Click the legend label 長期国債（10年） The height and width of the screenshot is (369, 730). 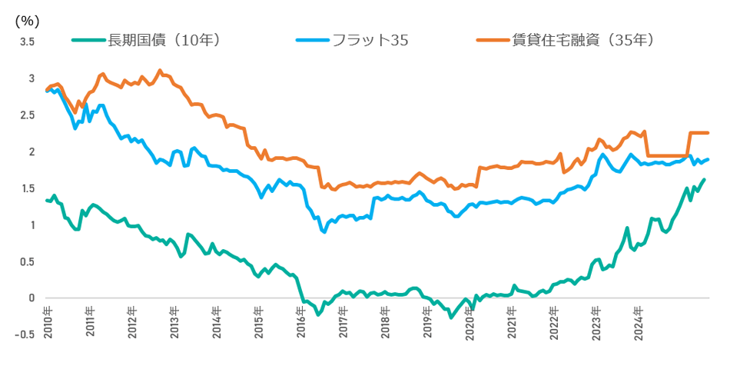[x=164, y=40]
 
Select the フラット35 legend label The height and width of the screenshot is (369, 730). [x=370, y=40]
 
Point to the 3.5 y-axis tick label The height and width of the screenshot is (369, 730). [x=27, y=42]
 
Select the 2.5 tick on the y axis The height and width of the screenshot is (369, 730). [x=27, y=115]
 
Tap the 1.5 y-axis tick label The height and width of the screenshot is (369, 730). [x=27, y=188]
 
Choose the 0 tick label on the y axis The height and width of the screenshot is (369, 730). [x=32, y=298]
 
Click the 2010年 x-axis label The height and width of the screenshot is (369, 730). [x=48, y=317]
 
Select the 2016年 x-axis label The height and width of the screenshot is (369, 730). [x=300, y=317]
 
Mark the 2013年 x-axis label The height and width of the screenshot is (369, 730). [x=174, y=317]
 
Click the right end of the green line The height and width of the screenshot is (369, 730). [x=705, y=179]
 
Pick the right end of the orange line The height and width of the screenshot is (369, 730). [x=708, y=133]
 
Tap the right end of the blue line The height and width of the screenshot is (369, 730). [x=708, y=159]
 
